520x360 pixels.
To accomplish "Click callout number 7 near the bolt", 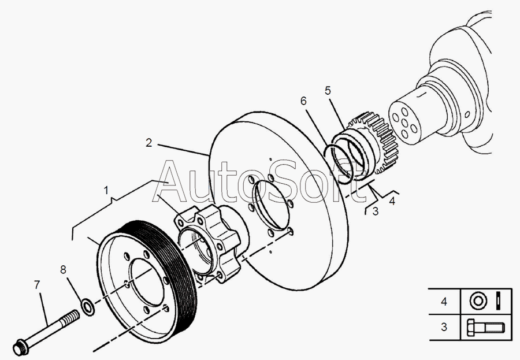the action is [x=37, y=285].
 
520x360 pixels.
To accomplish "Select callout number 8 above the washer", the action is [x=64, y=270].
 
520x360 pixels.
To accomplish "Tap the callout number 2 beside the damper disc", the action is [x=149, y=143].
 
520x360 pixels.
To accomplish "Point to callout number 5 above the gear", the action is [x=328, y=90].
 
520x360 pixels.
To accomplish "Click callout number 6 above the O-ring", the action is [x=304, y=101].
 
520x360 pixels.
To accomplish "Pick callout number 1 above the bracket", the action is [x=106, y=191].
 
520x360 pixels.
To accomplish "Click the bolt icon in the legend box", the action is [x=485, y=327].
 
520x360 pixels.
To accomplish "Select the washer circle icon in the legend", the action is [x=478, y=301].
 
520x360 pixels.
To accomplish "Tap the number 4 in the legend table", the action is [x=444, y=301].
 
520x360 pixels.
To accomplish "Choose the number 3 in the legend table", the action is [x=444, y=327].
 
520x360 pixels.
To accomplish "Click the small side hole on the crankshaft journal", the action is [x=467, y=114].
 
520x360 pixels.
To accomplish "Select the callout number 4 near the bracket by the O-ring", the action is [x=392, y=201].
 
